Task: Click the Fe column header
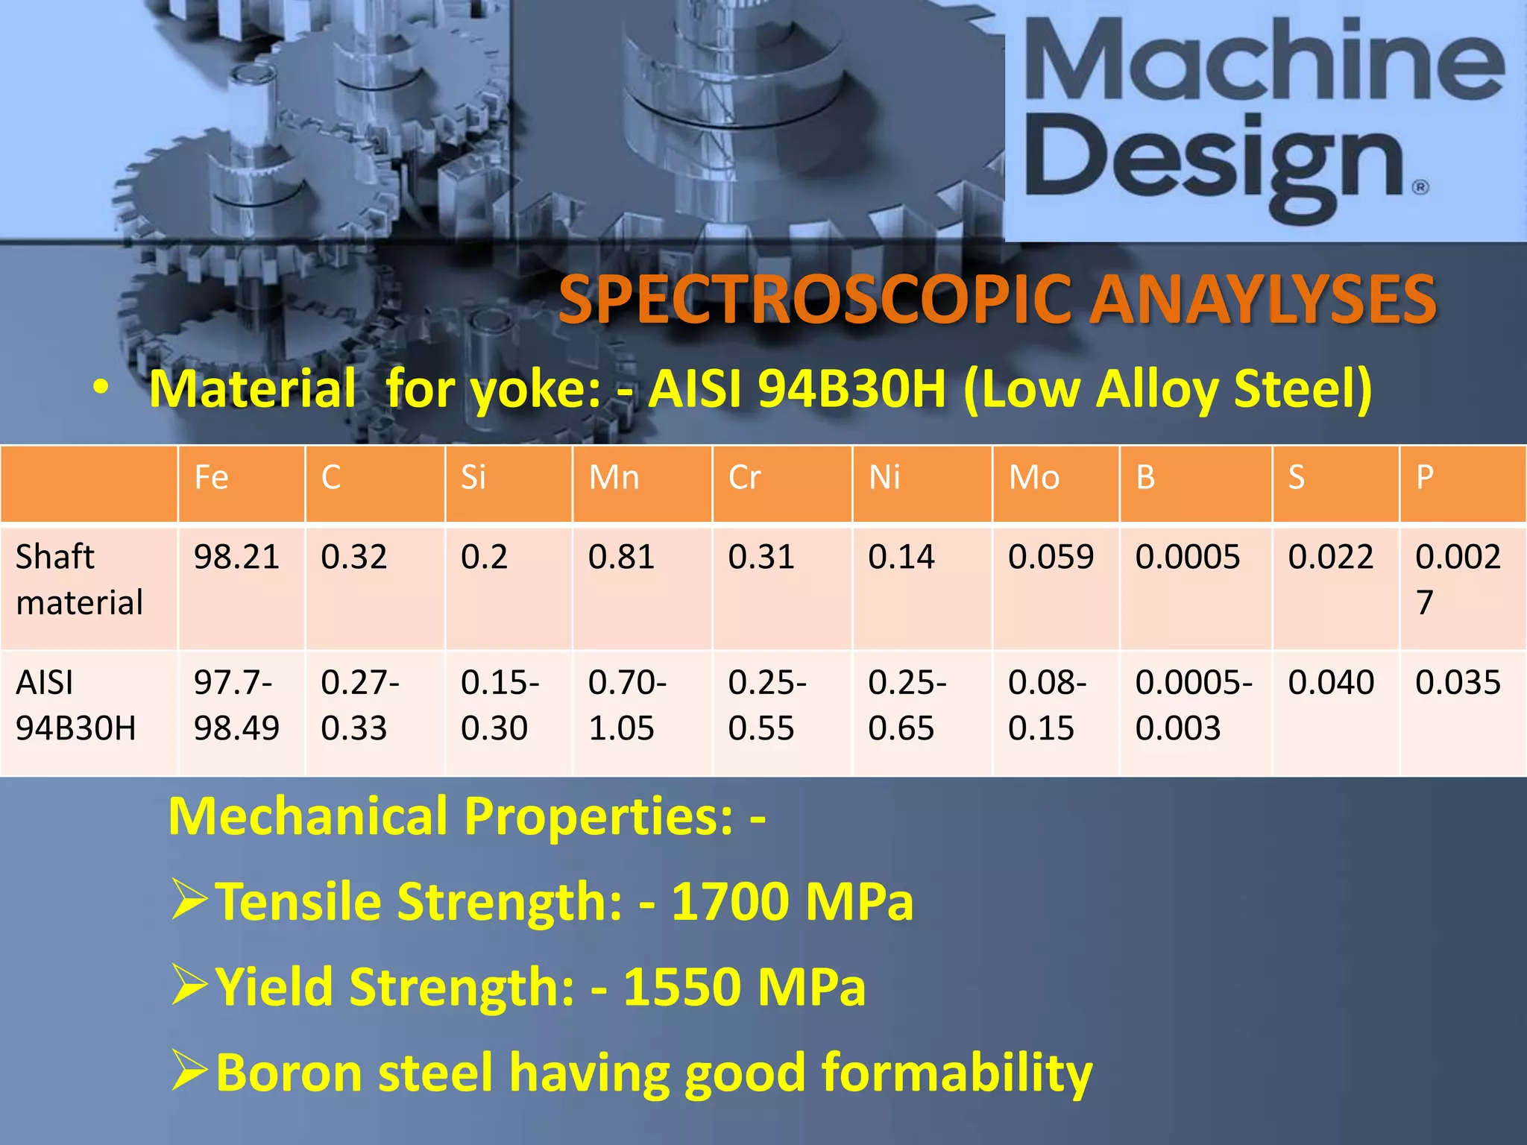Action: point(212,478)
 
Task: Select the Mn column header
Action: point(614,478)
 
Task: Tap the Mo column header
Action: point(1034,478)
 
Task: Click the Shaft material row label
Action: point(79,580)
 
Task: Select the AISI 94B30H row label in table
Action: point(76,705)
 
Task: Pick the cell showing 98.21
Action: point(236,558)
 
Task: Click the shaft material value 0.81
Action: point(621,558)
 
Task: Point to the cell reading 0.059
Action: point(1051,558)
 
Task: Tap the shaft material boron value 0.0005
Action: point(1187,558)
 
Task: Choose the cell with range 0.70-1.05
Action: point(627,705)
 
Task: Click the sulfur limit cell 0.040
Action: point(1331,683)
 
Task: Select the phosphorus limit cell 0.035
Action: point(1458,683)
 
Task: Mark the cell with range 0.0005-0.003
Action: point(1193,705)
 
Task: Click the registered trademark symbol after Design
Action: point(1421,186)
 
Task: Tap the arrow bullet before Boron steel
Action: point(189,1070)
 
